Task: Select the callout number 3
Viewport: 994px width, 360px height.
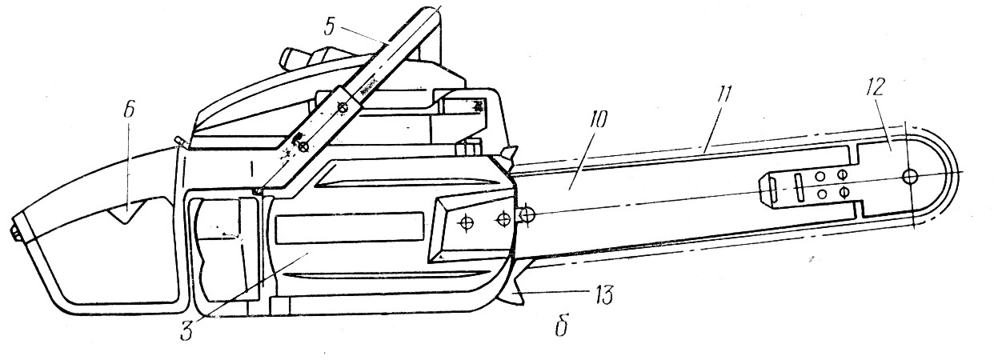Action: (x=186, y=330)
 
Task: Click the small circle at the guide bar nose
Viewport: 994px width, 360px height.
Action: (x=910, y=175)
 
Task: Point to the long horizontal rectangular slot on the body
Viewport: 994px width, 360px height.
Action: (x=348, y=229)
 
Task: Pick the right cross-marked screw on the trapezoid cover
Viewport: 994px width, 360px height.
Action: (x=503, y=218)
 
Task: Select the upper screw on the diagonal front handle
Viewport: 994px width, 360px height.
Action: (x=343, y=107)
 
